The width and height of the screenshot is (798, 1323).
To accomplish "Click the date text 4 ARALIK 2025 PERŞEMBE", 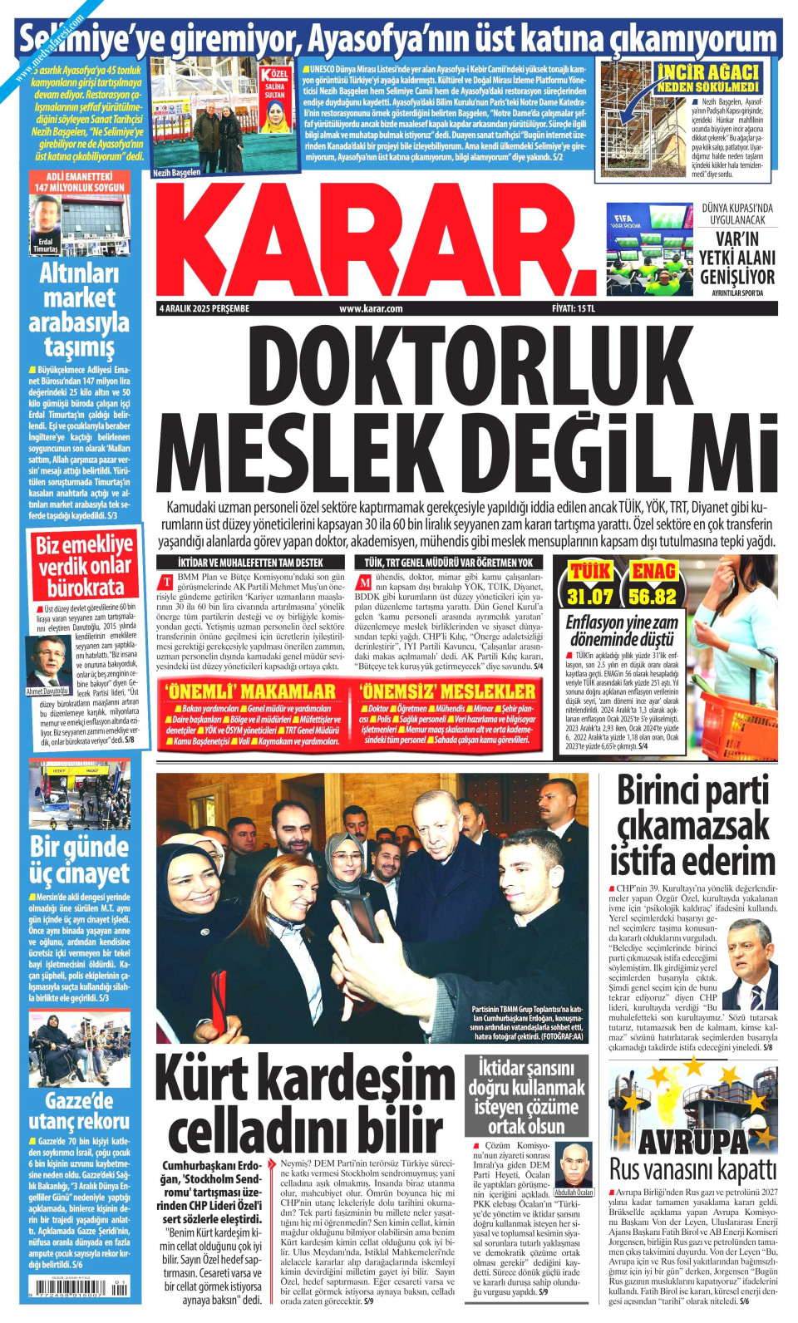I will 204,308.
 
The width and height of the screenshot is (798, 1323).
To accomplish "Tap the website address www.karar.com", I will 371,308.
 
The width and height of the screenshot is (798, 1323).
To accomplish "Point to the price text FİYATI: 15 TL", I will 574,308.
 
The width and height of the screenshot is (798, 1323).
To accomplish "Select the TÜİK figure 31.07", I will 589,596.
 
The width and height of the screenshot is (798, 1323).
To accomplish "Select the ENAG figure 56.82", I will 653,596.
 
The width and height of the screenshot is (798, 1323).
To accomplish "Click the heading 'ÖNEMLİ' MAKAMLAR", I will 250,691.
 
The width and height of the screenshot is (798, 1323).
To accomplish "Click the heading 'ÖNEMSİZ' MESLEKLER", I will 447,691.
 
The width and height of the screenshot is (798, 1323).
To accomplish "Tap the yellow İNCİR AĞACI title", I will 707,77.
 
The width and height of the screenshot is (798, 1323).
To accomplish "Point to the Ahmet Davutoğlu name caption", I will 47,691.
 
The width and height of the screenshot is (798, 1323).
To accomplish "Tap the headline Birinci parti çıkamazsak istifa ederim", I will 692,825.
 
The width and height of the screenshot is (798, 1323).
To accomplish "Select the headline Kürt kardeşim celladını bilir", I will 305,1103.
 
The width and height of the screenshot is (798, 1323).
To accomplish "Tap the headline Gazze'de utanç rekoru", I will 79,1111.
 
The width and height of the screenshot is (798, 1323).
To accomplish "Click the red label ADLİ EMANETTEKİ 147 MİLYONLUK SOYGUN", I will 80,182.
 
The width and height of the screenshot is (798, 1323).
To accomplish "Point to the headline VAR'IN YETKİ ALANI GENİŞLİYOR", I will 736,258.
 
